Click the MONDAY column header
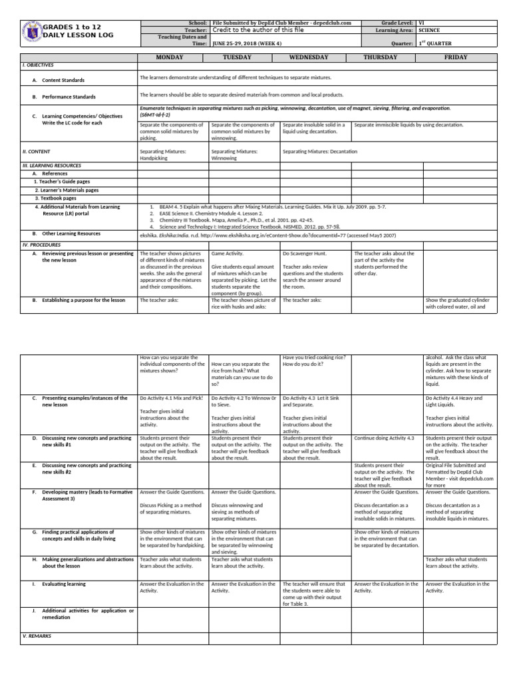[172, 57]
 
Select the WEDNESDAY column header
[316, 57]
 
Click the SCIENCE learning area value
[430, 30]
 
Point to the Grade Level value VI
[421, 23]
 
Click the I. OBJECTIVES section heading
[38, 66]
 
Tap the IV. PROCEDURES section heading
[41, 245]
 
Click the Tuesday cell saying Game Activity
[228, 253]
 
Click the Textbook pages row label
[55, 198]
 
